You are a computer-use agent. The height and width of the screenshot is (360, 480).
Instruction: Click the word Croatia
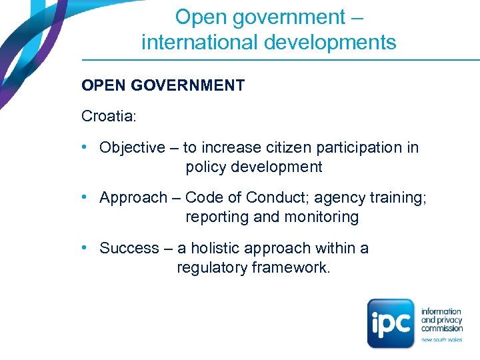(x=108, y=117)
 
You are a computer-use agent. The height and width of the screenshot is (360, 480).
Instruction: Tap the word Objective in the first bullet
(x=132, y=148)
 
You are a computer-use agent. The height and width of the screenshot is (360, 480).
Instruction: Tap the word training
(x=397, y=198)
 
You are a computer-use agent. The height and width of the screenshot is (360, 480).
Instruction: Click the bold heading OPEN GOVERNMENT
(x=163, y=86)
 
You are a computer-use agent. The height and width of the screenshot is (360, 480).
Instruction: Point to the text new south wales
(x=441, y=340)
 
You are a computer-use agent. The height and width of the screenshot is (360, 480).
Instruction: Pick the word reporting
(x=217, y=217)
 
